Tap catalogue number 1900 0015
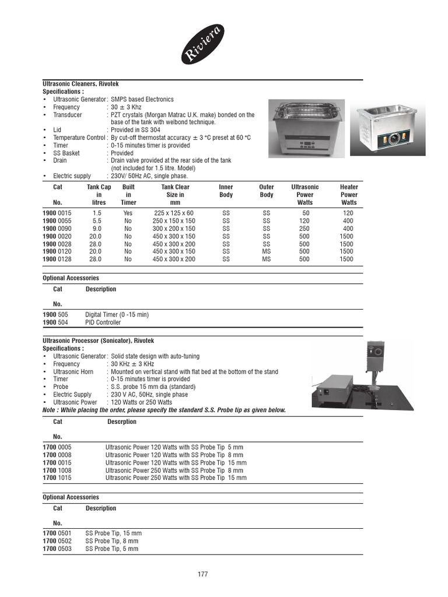pyautogui.click(x=57, y=213)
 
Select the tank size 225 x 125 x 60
pyautogui.click(x=174, y=213)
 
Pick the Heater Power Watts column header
pyautogui.click(x=349, y=195)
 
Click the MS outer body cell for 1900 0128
pyautogui.click(x=267, y=259)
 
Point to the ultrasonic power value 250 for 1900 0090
pyautogui.click(x=304, y=229)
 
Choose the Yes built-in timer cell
pyautogui.click(x=128, y=213)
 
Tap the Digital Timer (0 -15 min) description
pyautogui.click(x=117, y=315)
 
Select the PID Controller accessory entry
pyautogui.click(x=103, y=322)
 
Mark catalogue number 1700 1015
pyautogui.click(x=57, y=478)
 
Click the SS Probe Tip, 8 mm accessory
pyautogui.click(x=114, y=541)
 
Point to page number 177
pyautogui.click(x=202, y=574)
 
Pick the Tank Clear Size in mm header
pyautogui.click(x=175, y=195)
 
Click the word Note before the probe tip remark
pyautogui.click(x=50, y=410)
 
